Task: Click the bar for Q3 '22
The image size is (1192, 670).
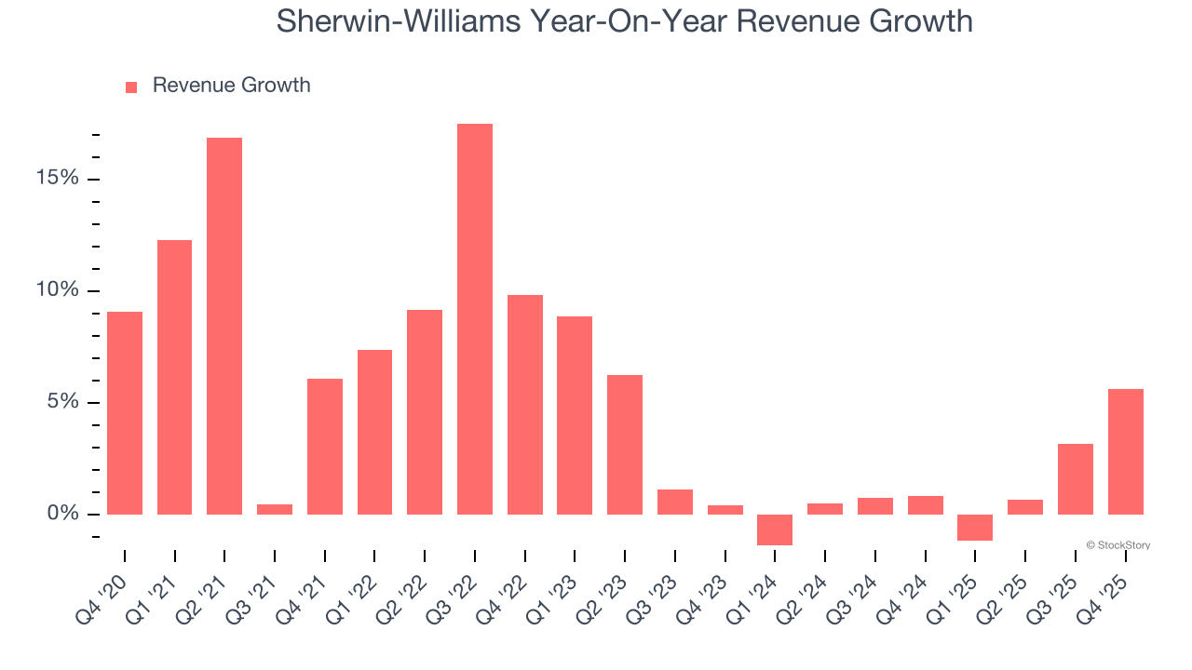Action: tap(475, 319)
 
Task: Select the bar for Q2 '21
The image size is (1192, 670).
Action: tap(224, 326)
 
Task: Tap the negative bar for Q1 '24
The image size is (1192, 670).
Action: tap(775, 529)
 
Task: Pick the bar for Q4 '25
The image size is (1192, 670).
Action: tap(1126, 451)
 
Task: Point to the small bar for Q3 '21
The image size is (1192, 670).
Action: tap(275, 509)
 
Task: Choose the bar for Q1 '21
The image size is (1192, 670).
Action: tap(174, 377)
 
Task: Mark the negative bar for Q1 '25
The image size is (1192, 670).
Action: tap(975, 528)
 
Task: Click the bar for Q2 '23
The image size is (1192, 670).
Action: tap(625, 445)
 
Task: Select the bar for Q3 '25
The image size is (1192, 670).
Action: tap(1076, 479)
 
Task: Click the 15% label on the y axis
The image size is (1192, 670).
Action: tap(57, 179)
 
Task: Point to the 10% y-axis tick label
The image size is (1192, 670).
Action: tap(57, 290)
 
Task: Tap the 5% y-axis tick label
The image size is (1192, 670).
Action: tap(62, 402)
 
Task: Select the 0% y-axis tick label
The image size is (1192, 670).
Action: tap(62, 514)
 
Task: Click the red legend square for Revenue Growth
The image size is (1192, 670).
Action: tap(131, 87)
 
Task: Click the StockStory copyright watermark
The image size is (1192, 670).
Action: tap(1117, 545)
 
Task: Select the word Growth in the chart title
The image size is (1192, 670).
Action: tap(921, 21)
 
